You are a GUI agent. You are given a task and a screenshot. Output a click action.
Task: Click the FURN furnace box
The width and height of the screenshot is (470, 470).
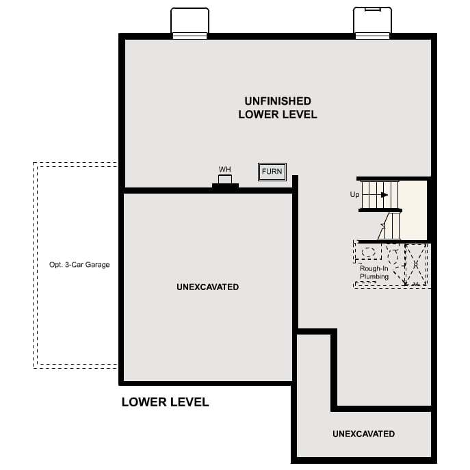pyautogui.click(x=272, y=172)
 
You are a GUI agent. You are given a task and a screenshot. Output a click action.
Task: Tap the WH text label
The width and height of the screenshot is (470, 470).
pyautogui.click(x=225, y=170)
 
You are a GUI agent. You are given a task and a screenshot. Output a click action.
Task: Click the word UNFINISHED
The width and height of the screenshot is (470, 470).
pyautogui.click(x=278, y=101)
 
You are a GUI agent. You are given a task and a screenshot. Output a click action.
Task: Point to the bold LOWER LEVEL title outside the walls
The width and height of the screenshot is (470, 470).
pyautogui.click(x=165, y=402)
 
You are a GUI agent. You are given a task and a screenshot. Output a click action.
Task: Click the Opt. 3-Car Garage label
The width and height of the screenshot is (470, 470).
pyautogui.click(x=79, y=265)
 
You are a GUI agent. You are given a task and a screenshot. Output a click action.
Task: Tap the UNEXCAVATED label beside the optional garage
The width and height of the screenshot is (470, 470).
pyautogui.click(x=208, y=287)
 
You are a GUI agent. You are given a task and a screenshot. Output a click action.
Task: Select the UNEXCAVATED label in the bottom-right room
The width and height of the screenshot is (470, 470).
pyautogui.click(x=363, y=434)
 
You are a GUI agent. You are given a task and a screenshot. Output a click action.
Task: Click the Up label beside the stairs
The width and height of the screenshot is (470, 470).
pyautogui.click(x=354, y=194)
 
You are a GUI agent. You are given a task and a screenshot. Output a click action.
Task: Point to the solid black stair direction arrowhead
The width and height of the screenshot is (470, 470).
pyautogui.click(x=384, y=195)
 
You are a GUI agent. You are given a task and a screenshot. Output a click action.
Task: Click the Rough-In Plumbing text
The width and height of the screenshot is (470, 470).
pyautogui.click(x=374, y=272)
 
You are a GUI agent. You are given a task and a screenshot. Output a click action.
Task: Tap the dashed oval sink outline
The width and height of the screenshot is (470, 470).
pyautogui.click(x=368, y=252)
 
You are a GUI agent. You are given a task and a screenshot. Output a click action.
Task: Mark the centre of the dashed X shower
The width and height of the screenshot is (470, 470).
pyautogui.click(x=415, y=264)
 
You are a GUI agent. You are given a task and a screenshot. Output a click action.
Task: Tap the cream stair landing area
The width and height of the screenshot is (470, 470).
pyautogui.click(x=413, y=210)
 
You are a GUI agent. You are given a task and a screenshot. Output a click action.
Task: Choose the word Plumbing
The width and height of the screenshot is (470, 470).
pyautogui.click(x=374, y=276)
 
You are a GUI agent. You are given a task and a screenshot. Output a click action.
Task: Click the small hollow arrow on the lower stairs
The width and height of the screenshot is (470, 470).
pyautogui.click(x=383, y=224)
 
